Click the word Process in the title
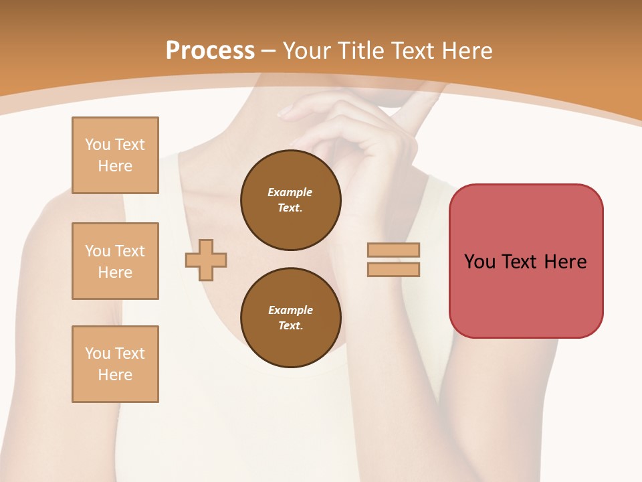[210, 51]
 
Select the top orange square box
[115, 155]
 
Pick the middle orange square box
[115, 261]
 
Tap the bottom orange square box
[115, 364]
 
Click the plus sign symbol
[206, 260]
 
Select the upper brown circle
[290, 200]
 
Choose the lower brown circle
[290, 318]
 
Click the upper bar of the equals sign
[393, 250]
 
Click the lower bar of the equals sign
[393, 269]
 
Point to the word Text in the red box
[518, 262]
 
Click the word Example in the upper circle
[290, 192]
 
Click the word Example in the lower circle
[290, 310]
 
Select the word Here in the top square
[115, 166]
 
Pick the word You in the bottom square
[98, 353]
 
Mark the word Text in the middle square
[129, 251]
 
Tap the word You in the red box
[479, 262]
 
